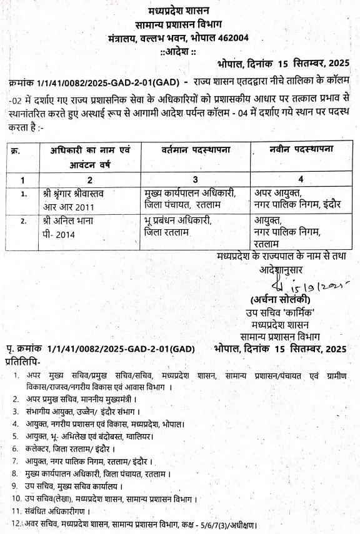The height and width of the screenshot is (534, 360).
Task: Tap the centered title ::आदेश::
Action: [x=181, y=50]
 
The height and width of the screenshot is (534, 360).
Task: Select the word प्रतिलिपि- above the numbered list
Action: [x=23, y=360]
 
